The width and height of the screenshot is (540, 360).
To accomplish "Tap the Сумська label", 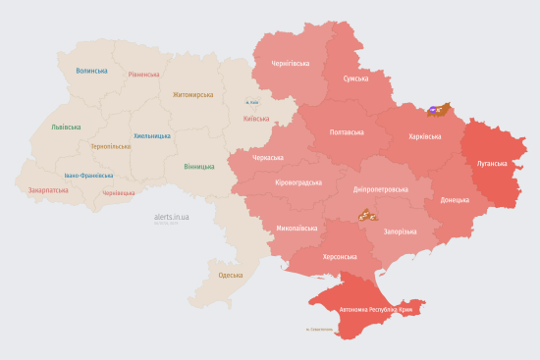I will [355, 78].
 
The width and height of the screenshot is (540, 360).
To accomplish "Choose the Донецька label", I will [455, 199].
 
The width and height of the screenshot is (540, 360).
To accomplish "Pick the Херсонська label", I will [340, 255].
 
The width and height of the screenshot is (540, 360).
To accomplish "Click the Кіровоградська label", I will [298, 182].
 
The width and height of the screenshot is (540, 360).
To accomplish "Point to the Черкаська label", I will [267, 157].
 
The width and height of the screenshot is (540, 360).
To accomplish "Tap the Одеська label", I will [230, 275].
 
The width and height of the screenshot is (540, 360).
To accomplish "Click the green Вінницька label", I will [198, 166].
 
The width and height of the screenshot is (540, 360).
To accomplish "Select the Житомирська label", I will [192, 95].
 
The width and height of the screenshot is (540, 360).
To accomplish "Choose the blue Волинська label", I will [91, 71].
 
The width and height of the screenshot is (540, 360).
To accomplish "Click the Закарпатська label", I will [48, 190].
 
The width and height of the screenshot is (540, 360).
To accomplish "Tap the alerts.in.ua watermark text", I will [172, 216].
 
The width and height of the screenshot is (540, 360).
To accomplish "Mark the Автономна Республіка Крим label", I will [377, 309].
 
